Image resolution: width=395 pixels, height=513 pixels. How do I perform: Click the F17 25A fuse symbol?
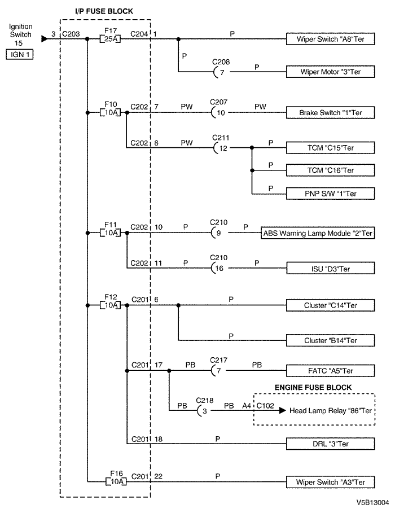[110, 40]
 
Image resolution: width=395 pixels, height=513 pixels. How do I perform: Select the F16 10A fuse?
[116, 481]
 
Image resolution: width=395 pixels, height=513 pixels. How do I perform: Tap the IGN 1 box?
[20, 54]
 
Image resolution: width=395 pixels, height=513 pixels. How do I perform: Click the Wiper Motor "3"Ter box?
[330, 72]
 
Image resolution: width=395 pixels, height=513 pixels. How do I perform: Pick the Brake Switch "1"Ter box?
[330, 112]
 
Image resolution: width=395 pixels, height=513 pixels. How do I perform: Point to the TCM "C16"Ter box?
[330, 170]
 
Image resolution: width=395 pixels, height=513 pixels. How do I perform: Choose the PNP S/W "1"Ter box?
[330, 194]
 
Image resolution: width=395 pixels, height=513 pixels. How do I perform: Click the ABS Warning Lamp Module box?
[318, 233]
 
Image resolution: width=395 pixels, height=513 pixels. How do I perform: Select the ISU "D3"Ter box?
[330, 268]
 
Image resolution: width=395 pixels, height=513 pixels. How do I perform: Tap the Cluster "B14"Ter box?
[330, 340]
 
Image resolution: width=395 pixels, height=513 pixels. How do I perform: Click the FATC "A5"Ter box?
[330, 371]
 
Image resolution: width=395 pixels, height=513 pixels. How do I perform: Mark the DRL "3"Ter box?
[330, 444]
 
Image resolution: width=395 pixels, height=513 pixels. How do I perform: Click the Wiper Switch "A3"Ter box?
[330, 482]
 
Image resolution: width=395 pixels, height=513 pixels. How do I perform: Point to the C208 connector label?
[221, 62]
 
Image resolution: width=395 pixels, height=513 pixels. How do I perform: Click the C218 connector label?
[204, 401]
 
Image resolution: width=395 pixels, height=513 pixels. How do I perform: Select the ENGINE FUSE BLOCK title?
[313, 388]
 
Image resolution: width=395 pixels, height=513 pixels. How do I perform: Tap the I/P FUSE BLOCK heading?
[104, 11]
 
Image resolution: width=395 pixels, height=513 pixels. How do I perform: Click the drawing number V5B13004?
[373, 502]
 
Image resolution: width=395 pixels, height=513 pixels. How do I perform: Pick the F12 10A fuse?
[110, 305]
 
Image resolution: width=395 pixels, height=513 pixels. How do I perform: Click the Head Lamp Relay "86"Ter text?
[331, 411]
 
